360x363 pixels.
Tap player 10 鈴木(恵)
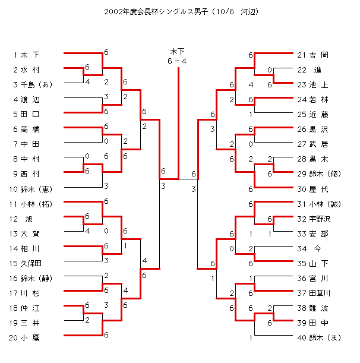[33, 189]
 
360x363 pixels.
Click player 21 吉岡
[312, 55]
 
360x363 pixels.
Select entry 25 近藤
[312, 114]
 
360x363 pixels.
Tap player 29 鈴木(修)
[317, 173]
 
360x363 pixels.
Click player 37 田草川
[314, 293]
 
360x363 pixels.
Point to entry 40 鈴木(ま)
[318, 337]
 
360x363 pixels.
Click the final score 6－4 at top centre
[178, 60]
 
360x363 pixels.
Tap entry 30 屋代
[312, 189]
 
